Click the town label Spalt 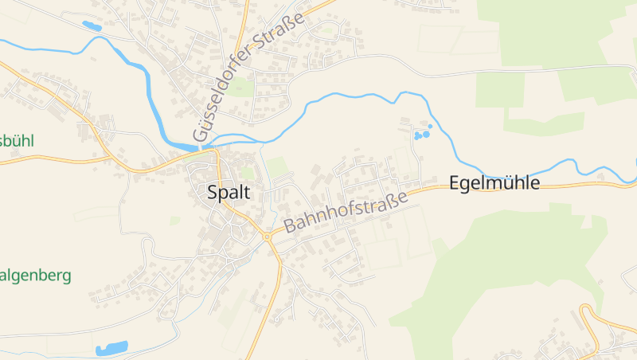click(x=229, y=192)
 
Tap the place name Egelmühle click(x=494, y=183)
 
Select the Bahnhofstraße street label click(x=346, y=209)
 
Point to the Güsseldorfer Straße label click(x=248, y=77)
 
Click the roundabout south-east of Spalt click(x=267, y=236)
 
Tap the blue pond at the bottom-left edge click(x=111, y=348)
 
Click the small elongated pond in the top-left click(x=92, y=26)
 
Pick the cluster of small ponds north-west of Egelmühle click(x=422, y=133)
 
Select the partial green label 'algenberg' click(x=35, y=276)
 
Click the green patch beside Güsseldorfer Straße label click(x=241, y=87)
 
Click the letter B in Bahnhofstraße click(x=290, y=226)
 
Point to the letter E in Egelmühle click(x=455, y=183)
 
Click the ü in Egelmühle click(x=510, y=183)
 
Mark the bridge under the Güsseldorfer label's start click(x=197, y=147)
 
